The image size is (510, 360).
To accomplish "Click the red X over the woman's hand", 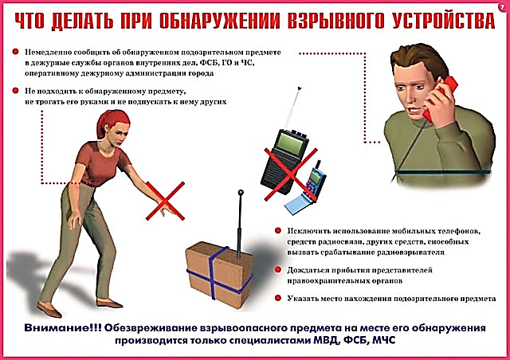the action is (x=165, y=201).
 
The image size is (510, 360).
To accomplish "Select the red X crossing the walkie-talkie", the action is (x=290, y=174).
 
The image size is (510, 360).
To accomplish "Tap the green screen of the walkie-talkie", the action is (x=290, y=143).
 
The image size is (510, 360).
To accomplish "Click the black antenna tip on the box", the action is (x=241, y=193).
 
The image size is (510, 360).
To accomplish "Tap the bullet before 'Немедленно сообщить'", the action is (x=15, y=52).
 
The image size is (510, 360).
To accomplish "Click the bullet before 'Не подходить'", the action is (x=15, y=91).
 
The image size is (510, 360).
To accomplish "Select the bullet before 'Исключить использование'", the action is (x=278, y=230).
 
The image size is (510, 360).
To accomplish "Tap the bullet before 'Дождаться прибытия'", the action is (x=278, y=269).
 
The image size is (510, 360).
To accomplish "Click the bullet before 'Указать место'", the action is (x=278, y=298).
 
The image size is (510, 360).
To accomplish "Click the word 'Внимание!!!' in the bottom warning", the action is (x=63, y=328).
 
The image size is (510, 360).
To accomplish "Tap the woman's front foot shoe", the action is (x=49, y=311).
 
